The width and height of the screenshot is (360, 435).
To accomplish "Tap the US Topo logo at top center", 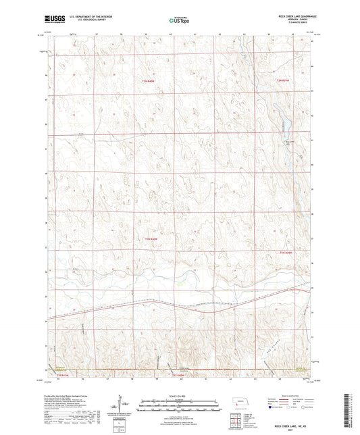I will click(x=178, y=21).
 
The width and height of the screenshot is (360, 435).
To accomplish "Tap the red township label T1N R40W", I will click(x=151, y=238).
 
